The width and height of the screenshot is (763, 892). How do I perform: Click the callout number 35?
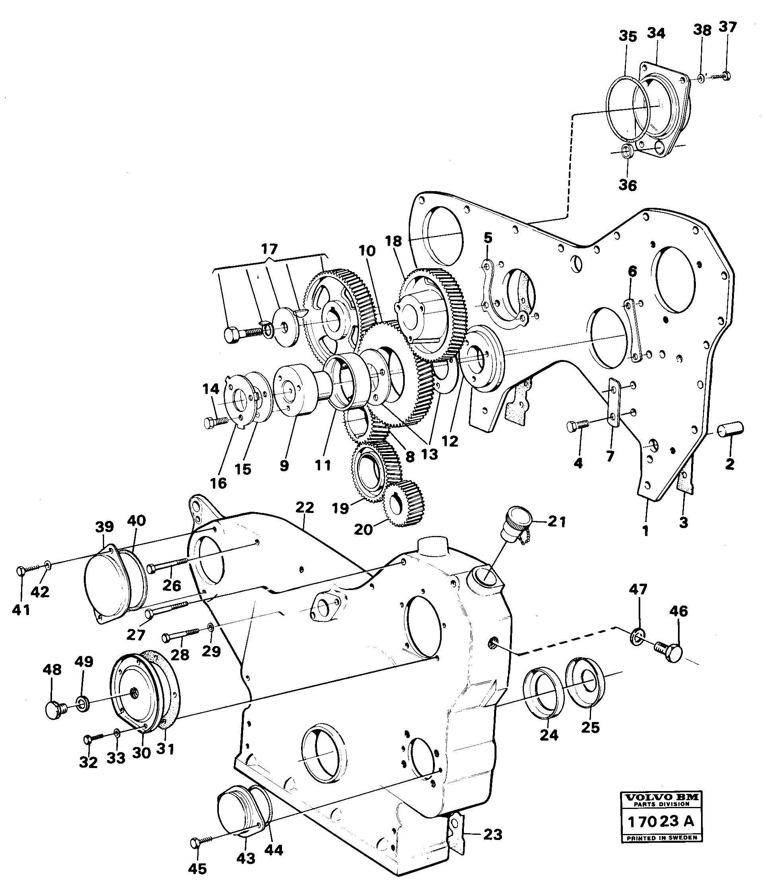(x=628, y=37)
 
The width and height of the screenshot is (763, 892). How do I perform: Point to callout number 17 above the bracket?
(x=269, y=249)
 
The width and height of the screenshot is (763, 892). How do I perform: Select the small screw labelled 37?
(x=721, y=76)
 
